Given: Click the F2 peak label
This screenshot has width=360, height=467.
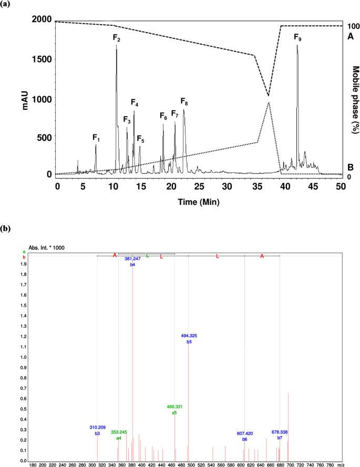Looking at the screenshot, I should (117, 38).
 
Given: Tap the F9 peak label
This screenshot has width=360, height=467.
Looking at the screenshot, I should (297, 38).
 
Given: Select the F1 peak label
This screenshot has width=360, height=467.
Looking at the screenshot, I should (96, 138).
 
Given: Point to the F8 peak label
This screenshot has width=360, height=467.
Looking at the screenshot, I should (184, 101).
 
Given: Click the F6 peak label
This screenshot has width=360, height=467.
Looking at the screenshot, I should (163, 117).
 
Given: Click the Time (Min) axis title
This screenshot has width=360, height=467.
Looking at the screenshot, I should (199, 201).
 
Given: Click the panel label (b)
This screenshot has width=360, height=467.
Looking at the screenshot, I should (6, 229).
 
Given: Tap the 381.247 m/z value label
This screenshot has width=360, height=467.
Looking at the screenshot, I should (132, 259).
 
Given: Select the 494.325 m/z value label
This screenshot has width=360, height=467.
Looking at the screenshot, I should (189, 335).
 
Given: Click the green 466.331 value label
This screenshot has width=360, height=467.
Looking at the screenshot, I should (174, 407).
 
